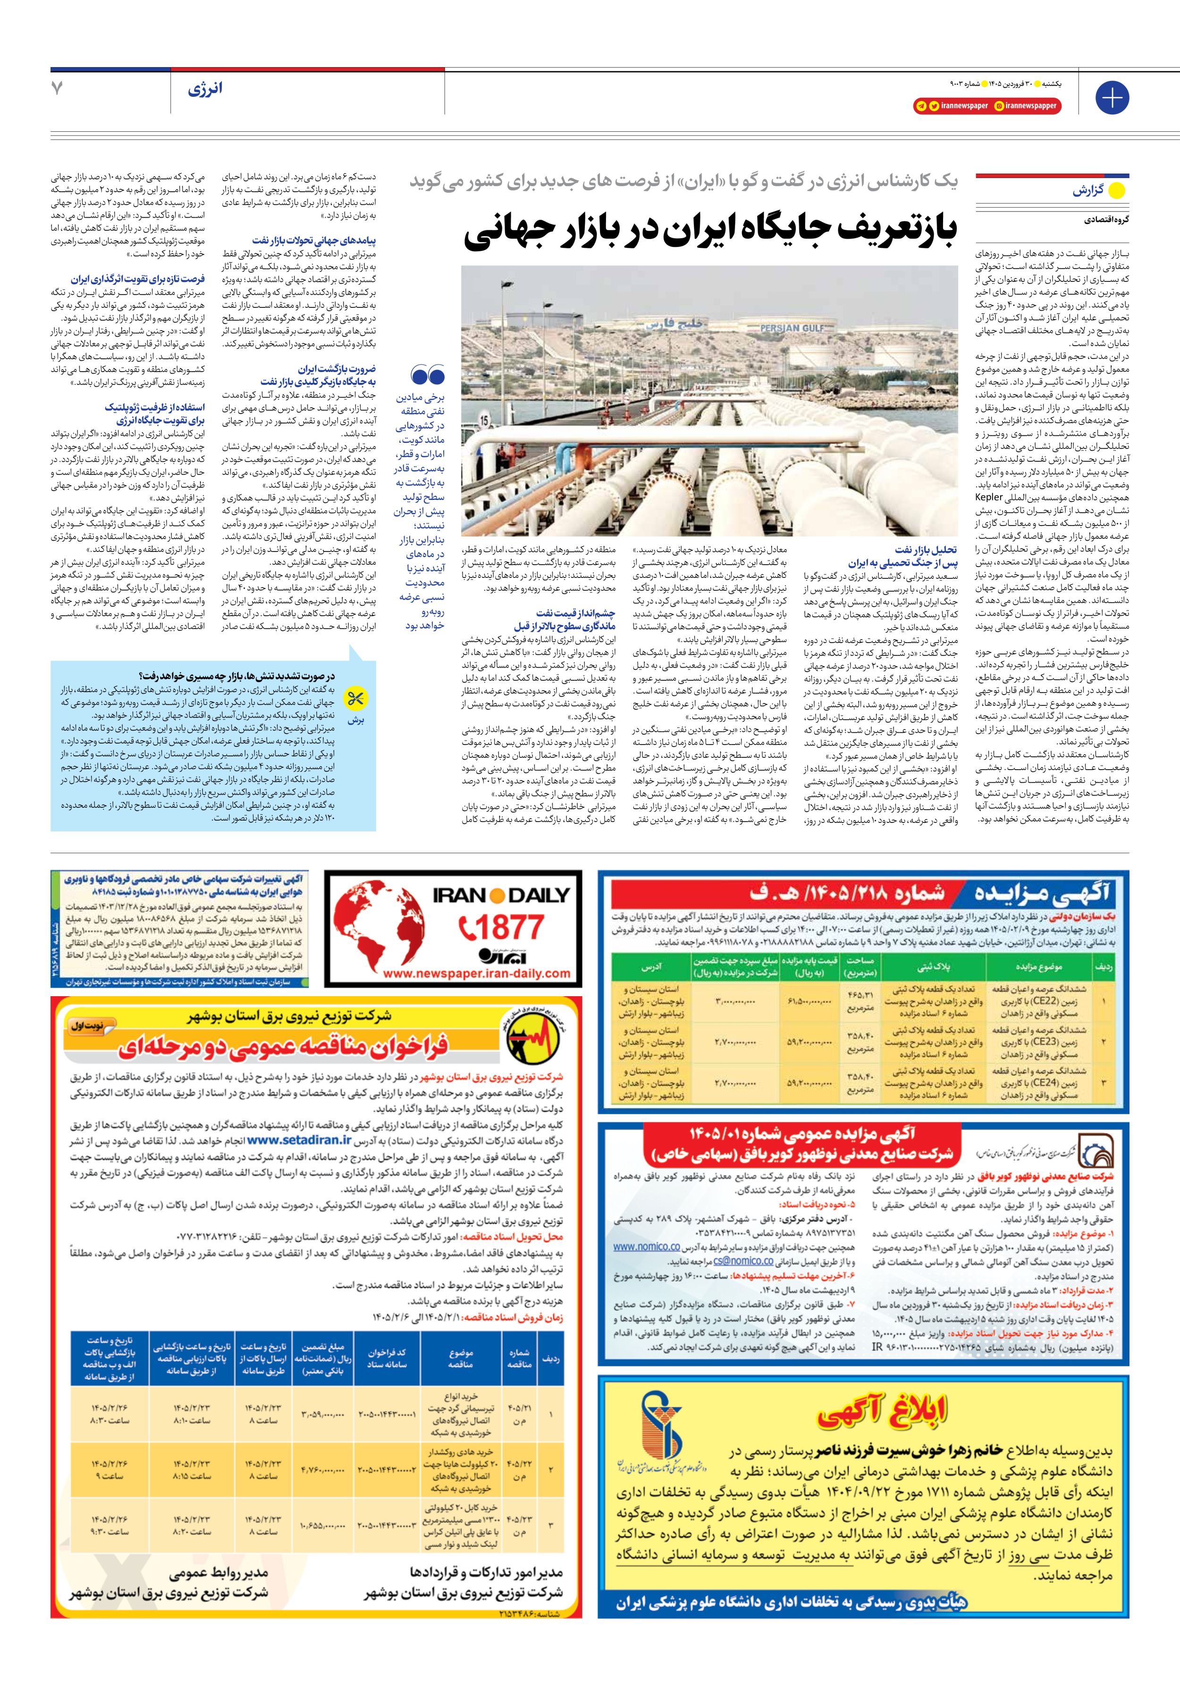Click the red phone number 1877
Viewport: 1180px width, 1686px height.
click(502, 927)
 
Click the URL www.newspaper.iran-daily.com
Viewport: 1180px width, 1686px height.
click(477, 974)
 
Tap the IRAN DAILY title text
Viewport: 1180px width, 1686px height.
click(502, 894)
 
